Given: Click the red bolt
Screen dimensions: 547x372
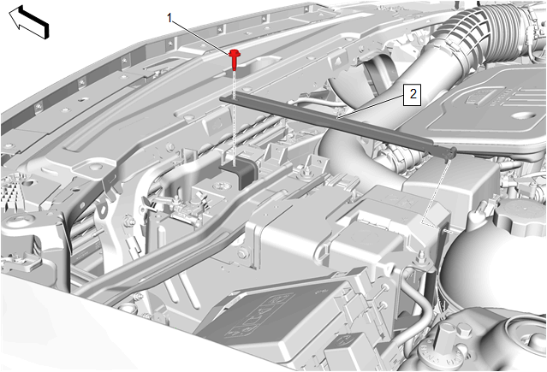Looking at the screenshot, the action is click(235, 60).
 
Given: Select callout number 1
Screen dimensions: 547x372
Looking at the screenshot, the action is click(169, 18).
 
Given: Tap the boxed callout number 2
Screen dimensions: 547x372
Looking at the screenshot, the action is click(413, 94).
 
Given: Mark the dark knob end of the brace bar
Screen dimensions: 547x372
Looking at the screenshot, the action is click(452, 152).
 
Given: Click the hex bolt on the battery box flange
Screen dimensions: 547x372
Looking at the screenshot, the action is click(243, 253).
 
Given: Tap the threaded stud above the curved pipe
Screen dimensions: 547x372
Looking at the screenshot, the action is click(421, 257).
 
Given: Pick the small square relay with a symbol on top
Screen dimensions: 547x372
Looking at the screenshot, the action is click(345, 351).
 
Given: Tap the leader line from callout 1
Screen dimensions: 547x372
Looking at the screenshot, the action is click(203, 36).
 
